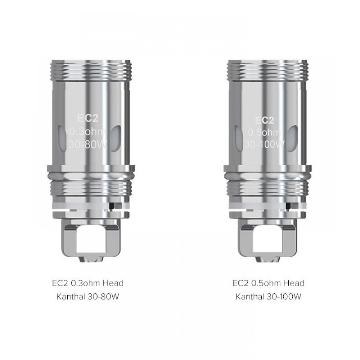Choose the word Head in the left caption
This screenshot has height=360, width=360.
click(114, 283)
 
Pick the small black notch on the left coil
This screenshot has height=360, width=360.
click(112, 206)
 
